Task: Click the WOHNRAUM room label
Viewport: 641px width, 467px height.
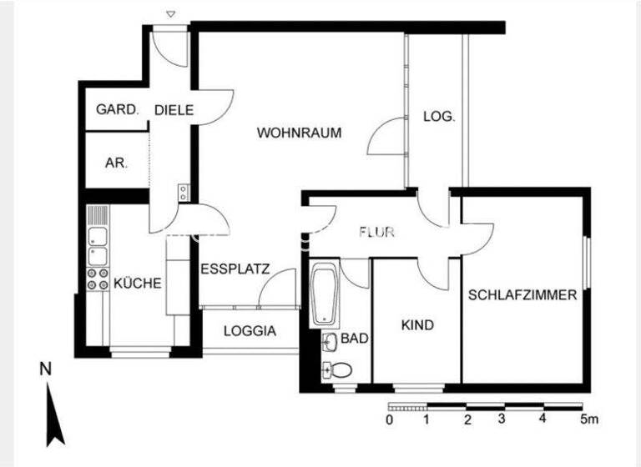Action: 300,133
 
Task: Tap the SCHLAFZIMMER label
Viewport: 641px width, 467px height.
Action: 522,294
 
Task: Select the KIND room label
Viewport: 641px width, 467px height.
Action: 417,325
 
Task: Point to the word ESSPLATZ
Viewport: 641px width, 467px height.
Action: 235,269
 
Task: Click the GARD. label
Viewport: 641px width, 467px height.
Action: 118,109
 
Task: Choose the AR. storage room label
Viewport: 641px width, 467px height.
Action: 117,163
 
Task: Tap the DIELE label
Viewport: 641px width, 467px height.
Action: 174,110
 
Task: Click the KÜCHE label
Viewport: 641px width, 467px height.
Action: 138,284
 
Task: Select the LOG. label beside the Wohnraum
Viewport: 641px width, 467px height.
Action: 439,117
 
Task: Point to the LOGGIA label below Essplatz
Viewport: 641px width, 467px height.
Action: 250,331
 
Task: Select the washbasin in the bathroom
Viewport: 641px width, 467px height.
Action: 330,342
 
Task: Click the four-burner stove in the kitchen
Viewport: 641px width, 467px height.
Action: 98,279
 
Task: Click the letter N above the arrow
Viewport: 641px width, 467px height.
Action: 46,369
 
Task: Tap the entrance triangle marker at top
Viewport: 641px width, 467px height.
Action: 171,14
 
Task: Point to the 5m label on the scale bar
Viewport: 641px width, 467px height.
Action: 589,419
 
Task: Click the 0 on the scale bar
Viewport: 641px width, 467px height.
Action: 390,419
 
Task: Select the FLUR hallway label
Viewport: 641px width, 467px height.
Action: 376,232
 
